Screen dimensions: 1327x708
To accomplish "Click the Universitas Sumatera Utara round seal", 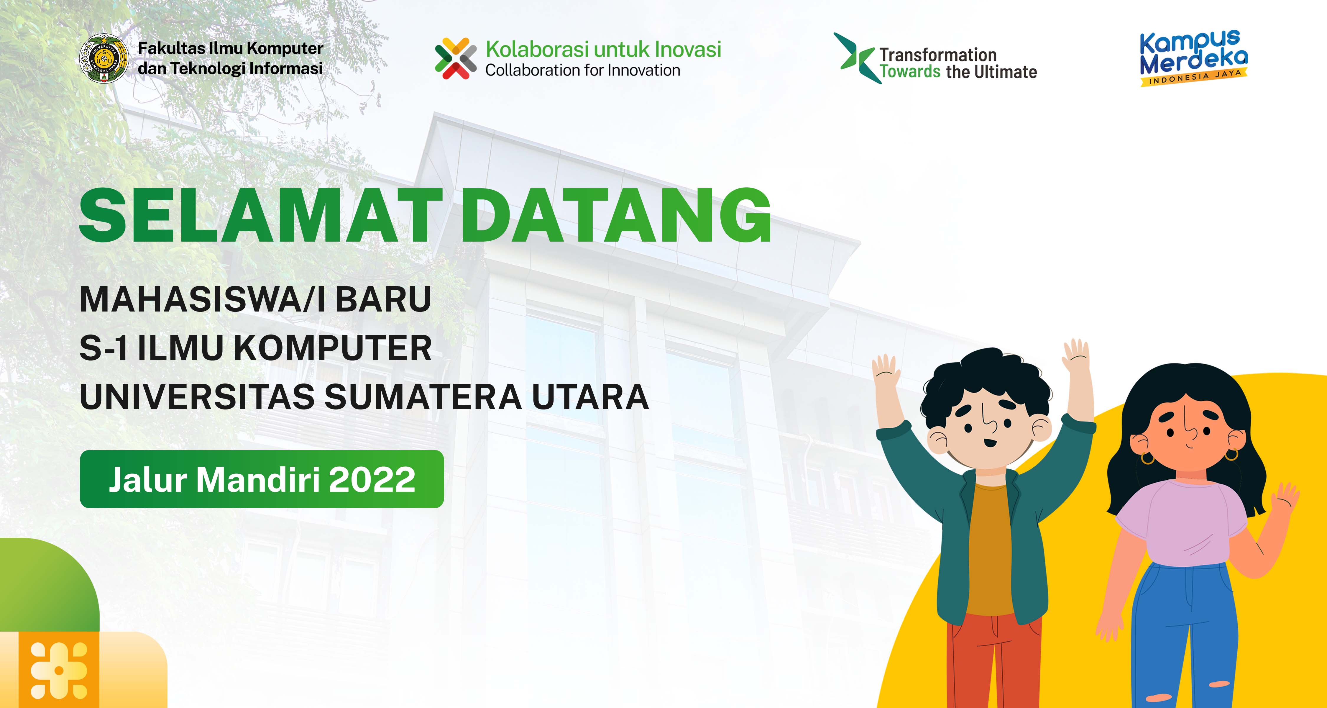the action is [104, 58].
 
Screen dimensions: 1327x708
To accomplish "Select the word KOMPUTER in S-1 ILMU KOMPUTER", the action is [333, 348].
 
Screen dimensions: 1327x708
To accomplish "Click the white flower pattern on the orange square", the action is [59, 670].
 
